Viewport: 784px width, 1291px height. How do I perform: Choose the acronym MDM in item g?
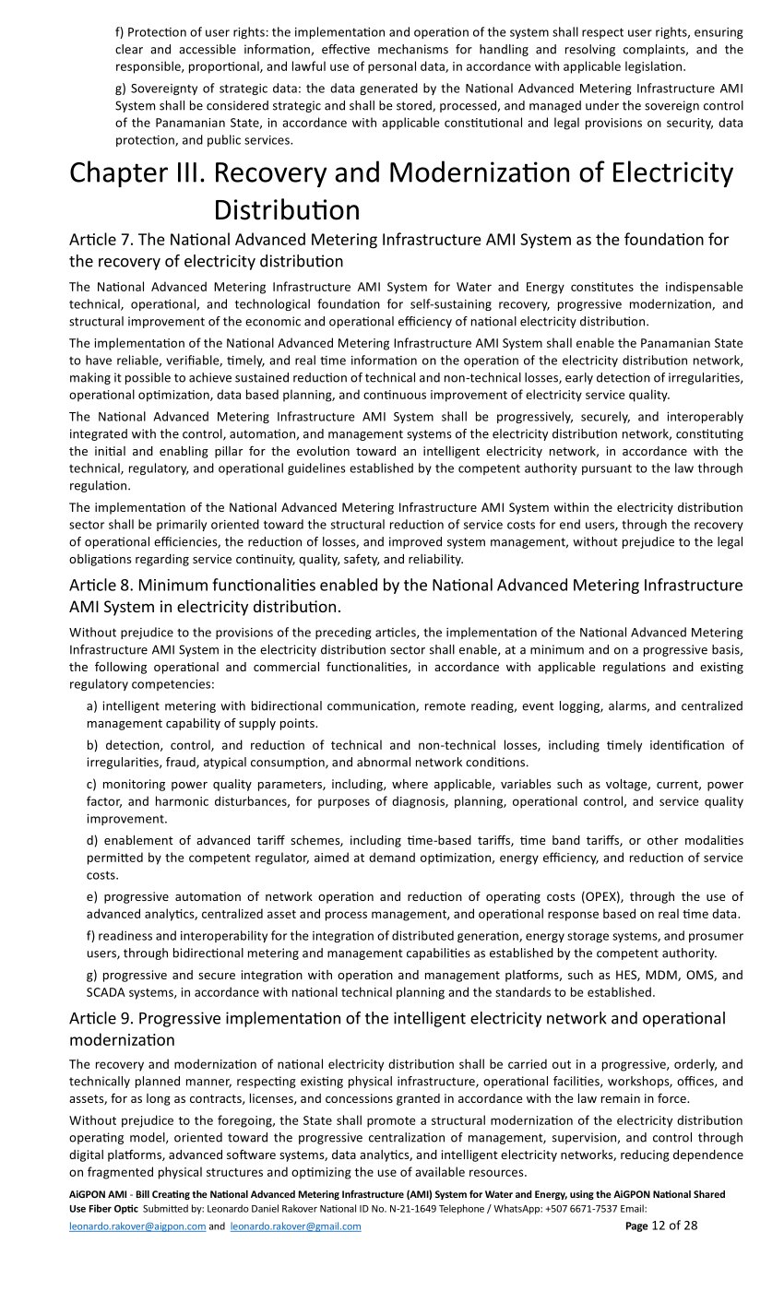661,975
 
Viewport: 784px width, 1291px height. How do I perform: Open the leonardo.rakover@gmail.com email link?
295,1226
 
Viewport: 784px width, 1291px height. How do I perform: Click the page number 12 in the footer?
659,1226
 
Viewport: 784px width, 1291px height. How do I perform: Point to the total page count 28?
690,1226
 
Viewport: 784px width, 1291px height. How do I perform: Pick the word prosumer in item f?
713,936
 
